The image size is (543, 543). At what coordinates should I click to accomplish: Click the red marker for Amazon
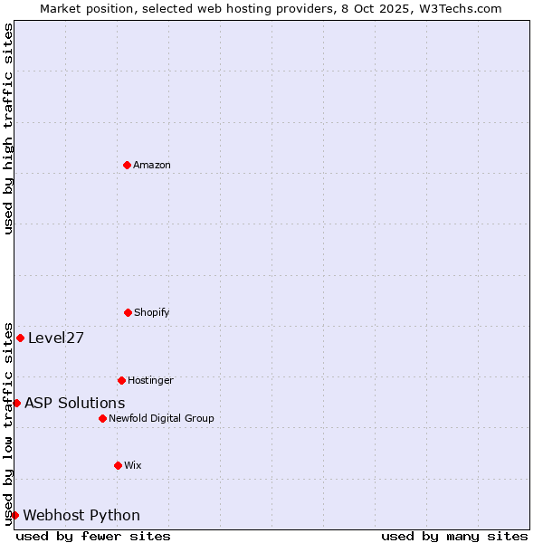pyautogui.click(x=127, y=165)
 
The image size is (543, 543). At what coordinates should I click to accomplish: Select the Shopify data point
pyautogui.click(x=128, y=312)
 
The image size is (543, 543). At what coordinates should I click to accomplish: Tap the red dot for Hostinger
pyautogui.click(x=121, y=380)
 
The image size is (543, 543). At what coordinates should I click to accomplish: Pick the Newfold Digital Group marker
pyautogui.click(x=102, y=418)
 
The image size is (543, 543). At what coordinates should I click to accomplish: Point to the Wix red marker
pyautogui.click(x=118, y=465)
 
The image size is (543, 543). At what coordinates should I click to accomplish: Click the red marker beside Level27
pyautogui.click(x=20, y=338)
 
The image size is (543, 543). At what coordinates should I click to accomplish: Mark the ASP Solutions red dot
pyautogui.click(x=16, y=403)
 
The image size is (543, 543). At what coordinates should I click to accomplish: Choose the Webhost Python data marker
pyautogui.click(x=14, y=515)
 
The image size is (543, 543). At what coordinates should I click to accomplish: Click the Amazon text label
pyautogui.click(x=152, y=165)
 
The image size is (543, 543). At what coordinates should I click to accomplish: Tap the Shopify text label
pyautogui.click(x=152, y=312)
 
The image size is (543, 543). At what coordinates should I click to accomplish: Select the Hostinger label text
pyautogui.click(x=150, y=380)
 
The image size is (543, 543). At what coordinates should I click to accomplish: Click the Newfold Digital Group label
pyautogui.click(x=161, y=418)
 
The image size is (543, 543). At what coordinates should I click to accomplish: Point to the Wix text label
pyautogui.click(x=133, y=465)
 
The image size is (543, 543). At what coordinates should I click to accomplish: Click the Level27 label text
pyautogui.click(x=56, y=338)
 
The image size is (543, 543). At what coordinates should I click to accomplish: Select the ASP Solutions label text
pyautogui.click(x=75, y=404)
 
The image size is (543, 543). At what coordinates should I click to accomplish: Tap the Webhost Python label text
pyautogui.click(x=81, y=516)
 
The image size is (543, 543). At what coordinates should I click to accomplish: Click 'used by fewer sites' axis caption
pyautogui.click(x=93, y=536)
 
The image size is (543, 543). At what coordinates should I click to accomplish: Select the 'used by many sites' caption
pyautogui.click(x=454, y=536)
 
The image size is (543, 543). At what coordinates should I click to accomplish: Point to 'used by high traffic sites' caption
pyautogui.click(x=8, y=129)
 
